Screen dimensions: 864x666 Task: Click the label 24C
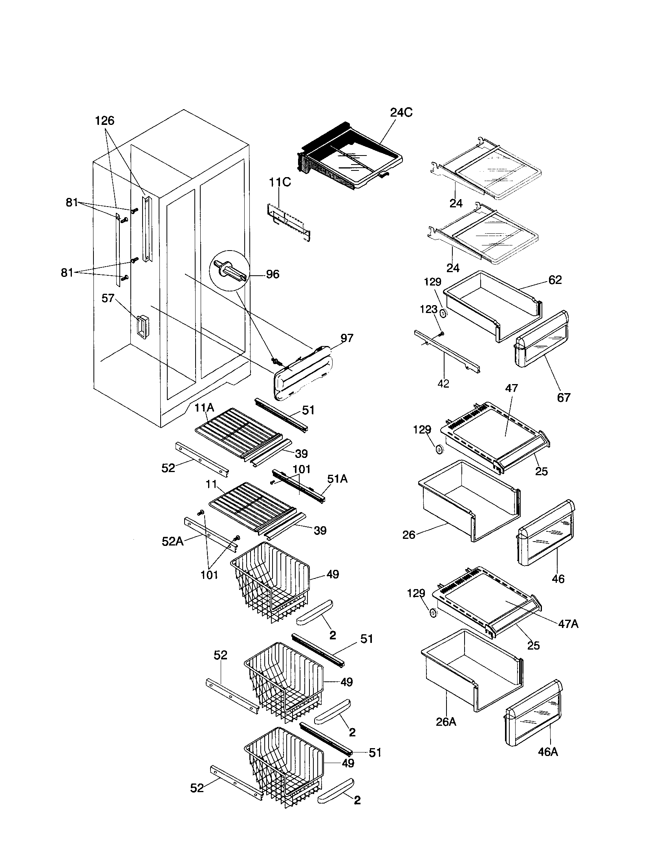tap(401, 113)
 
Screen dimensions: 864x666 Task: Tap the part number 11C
tap(280, 182)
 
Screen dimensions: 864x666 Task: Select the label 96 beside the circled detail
tap(272, 274)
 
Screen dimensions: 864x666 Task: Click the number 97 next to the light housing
tap(346, 338)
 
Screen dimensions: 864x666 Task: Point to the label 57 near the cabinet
tap(108, 298)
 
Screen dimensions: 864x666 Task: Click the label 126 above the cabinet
tap(104, 121)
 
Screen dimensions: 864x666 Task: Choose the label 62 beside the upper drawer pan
tap(555, 280)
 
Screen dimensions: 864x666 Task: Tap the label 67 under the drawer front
tap(564, 397)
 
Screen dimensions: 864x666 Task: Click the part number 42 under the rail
tap(443, 384)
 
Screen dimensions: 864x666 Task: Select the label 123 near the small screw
tap(428, 310)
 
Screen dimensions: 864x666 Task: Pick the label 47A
tap(568, 624)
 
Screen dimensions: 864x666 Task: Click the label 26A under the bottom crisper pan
tap(446, 722)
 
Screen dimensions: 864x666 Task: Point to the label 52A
tap(172, 541)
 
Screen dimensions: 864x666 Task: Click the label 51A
tap(337, 479)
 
